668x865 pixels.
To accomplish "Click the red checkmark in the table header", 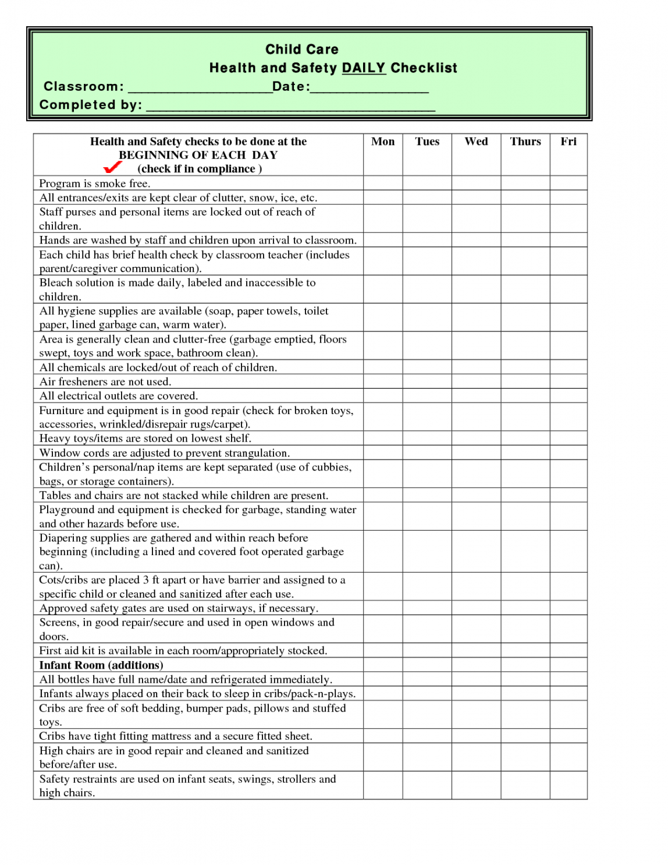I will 112,167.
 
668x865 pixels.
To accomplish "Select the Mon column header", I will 383,142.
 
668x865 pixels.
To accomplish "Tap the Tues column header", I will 427,142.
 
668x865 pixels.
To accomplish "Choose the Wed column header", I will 476,142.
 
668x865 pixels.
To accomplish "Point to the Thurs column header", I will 525,142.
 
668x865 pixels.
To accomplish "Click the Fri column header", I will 568,142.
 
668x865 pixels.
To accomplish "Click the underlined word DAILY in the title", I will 364,68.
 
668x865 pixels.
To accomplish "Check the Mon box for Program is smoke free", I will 383,183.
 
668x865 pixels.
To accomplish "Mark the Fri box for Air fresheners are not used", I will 568,382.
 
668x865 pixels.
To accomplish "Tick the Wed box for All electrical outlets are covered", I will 476,396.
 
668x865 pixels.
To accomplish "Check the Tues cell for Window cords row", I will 427,453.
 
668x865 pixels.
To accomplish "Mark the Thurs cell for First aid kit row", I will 525,651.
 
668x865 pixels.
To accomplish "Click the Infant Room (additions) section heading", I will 101,665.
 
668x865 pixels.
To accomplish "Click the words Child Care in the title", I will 302,50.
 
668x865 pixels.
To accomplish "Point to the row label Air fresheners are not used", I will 105,382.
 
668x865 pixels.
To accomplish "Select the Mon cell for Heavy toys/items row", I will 383,438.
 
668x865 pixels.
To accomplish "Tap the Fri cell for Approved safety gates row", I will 568,608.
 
